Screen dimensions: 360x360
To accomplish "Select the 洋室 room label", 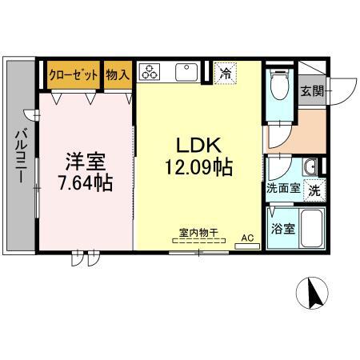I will [85, 160].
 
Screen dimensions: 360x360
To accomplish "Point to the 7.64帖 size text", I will [85, 182].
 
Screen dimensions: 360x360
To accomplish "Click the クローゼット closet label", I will [73, 74].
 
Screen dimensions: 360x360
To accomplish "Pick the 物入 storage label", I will [118, 74].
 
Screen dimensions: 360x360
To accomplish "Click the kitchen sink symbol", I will [186, 71].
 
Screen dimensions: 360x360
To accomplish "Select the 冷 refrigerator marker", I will [226, 74].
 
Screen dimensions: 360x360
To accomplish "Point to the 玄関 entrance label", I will [313, 90].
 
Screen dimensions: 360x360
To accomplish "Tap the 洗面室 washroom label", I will [283, 190].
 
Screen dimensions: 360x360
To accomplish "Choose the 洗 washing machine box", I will [315, 191].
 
